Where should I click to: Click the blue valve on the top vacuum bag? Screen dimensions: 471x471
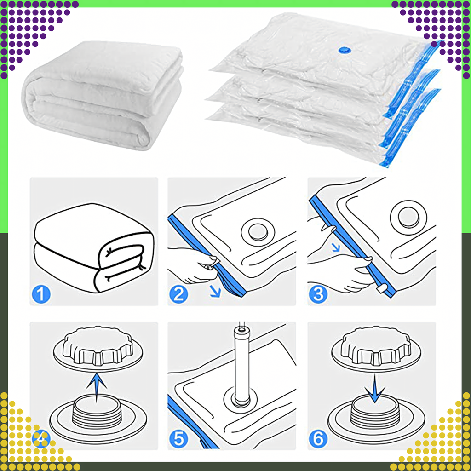coord(344,49)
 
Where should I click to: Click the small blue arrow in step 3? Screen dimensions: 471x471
coord(337,247)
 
